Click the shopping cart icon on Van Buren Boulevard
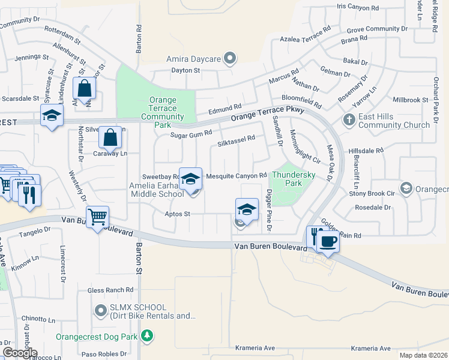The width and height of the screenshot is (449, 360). pos(97,216)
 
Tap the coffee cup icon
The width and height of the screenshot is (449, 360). pos(328,241)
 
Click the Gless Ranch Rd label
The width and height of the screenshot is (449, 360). pos(110,290)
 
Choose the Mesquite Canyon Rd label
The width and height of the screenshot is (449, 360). pos(236,176)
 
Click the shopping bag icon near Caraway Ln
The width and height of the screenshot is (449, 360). pos(110,137)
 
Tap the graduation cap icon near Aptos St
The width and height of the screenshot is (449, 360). pos(247,209)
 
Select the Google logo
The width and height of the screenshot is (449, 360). pos(20,353)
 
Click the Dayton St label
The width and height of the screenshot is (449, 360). pos(185,70)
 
